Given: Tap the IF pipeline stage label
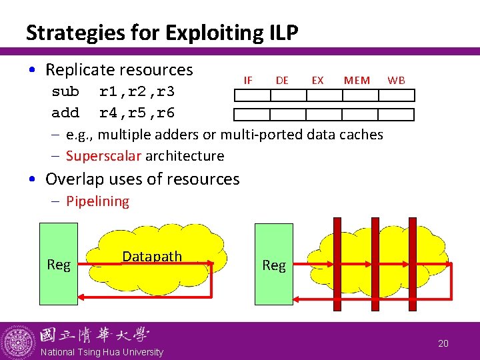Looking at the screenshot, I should (x=248, y=80).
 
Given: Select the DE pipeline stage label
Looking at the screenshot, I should (x=282, y=80).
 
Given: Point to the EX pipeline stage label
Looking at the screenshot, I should (x=318, y=80).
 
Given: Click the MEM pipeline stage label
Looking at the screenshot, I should (x=357, y=80).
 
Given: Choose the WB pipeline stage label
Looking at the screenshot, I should (x=396, y=80).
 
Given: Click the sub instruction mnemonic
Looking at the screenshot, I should (x=65, y=91).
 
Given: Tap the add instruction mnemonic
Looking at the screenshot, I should (x=65, y=113).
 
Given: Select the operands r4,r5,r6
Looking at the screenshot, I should (x=137, y=113).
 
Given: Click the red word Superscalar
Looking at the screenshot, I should (x=103, y=156).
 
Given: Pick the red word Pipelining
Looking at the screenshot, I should (x=97, y=201).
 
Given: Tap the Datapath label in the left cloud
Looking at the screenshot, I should (x=152, y=257).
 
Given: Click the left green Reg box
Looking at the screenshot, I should (x=59, y=265).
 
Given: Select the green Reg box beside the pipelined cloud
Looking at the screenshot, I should (x=274, y=265).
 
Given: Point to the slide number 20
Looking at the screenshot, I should (x=443, y=343).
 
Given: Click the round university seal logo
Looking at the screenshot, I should (x=18, y=341).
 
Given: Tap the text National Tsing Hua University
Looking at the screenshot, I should (x=102, y=352).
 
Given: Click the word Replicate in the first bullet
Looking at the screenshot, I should (x=83, y=69).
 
